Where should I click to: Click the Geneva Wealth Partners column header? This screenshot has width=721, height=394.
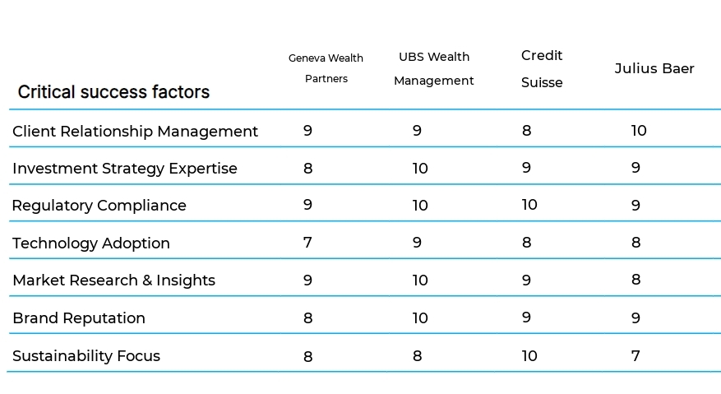(x=326, y=68)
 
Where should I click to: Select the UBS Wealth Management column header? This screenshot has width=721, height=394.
(x=433, y=68)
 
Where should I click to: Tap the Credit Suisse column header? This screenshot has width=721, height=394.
(x=542, y=68)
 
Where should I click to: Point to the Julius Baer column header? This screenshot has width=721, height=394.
(x=654, y=68)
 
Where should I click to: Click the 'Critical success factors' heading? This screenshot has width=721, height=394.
(x=113, y=92)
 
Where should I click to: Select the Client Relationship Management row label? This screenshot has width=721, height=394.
(x=135, y=132)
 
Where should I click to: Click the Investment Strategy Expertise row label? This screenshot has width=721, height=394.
(x=124, y=169)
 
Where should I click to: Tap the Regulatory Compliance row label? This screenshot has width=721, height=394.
(x=99, y=206)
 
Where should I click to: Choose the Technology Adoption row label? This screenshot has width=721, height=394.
(x=90, y=243)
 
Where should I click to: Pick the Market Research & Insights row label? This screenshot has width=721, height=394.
(x=113, y=280)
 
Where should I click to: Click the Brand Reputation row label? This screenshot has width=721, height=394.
(x=78, y=318)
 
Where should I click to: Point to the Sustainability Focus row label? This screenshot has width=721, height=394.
(x=86, y=356)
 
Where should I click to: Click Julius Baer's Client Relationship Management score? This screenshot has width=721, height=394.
(x=639, y=131)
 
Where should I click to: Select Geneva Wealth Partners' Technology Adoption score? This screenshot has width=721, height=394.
(x=307, y=243)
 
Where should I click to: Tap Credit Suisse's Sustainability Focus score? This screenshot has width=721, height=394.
(x=529, y=355)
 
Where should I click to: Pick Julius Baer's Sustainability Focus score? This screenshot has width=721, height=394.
(x=635, y=355)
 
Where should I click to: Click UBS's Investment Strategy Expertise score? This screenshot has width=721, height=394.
(x=420, y=169)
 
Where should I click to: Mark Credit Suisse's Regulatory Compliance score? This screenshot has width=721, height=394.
(x=529, y=205)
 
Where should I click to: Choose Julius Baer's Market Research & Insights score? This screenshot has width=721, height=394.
(x=635, y=280)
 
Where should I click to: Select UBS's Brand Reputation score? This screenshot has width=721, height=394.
(x=420, y=318)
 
